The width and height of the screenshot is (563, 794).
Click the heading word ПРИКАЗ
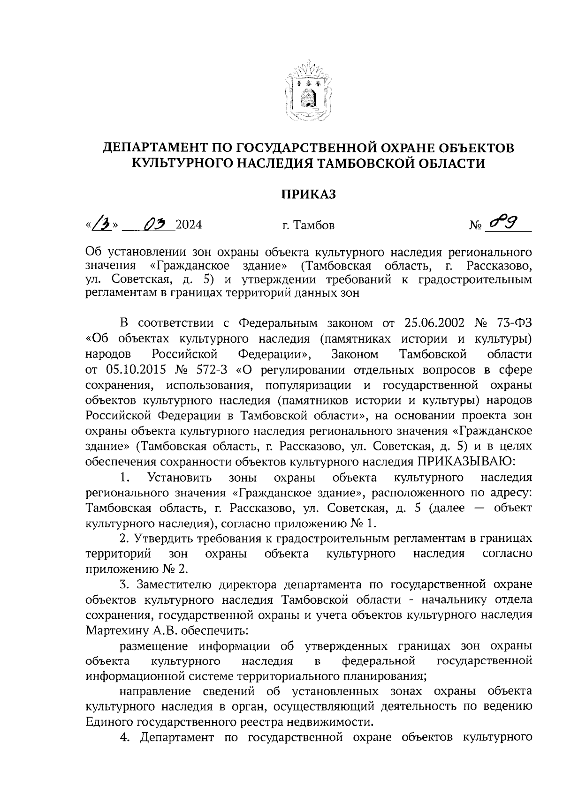point(308,195)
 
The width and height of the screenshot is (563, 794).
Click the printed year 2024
point(189,225)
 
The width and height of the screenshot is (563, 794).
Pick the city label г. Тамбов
point(308,225)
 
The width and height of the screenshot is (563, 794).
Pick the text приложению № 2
point(137,569)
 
